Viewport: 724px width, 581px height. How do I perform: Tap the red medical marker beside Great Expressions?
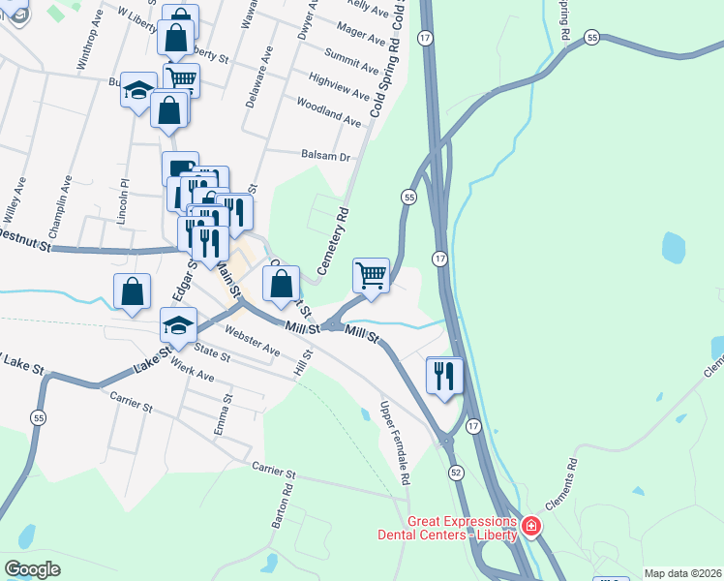(529, 528)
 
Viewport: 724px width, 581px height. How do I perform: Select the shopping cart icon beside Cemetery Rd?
(372, 275)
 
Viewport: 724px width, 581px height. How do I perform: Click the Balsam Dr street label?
(324, 155)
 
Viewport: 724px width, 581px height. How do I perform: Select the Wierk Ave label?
(191, 369)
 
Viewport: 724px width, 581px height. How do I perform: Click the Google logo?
(33, 569)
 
